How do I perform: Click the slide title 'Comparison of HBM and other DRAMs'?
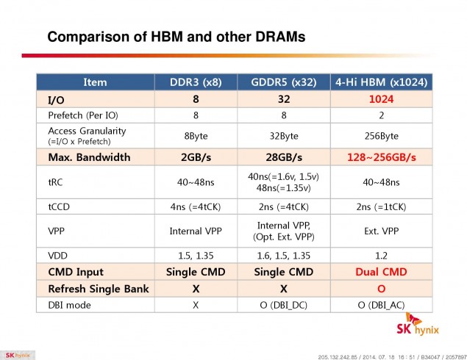pos(176,36)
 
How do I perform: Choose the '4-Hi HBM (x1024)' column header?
pos(382,82)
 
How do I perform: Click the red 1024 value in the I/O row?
pos(382,99)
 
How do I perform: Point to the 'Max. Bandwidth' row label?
pos(89,156)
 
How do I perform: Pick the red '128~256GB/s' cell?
pos(382,156)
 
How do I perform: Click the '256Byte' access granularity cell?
pos(382,135)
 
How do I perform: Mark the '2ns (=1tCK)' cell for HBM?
pos(382,206)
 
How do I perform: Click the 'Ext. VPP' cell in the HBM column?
pos(382,230)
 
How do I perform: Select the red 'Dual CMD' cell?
pos(382,273)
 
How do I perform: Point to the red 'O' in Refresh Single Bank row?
pos(382,289)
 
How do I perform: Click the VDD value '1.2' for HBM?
pos(382,255)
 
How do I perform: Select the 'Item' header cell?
pos(95,82)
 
